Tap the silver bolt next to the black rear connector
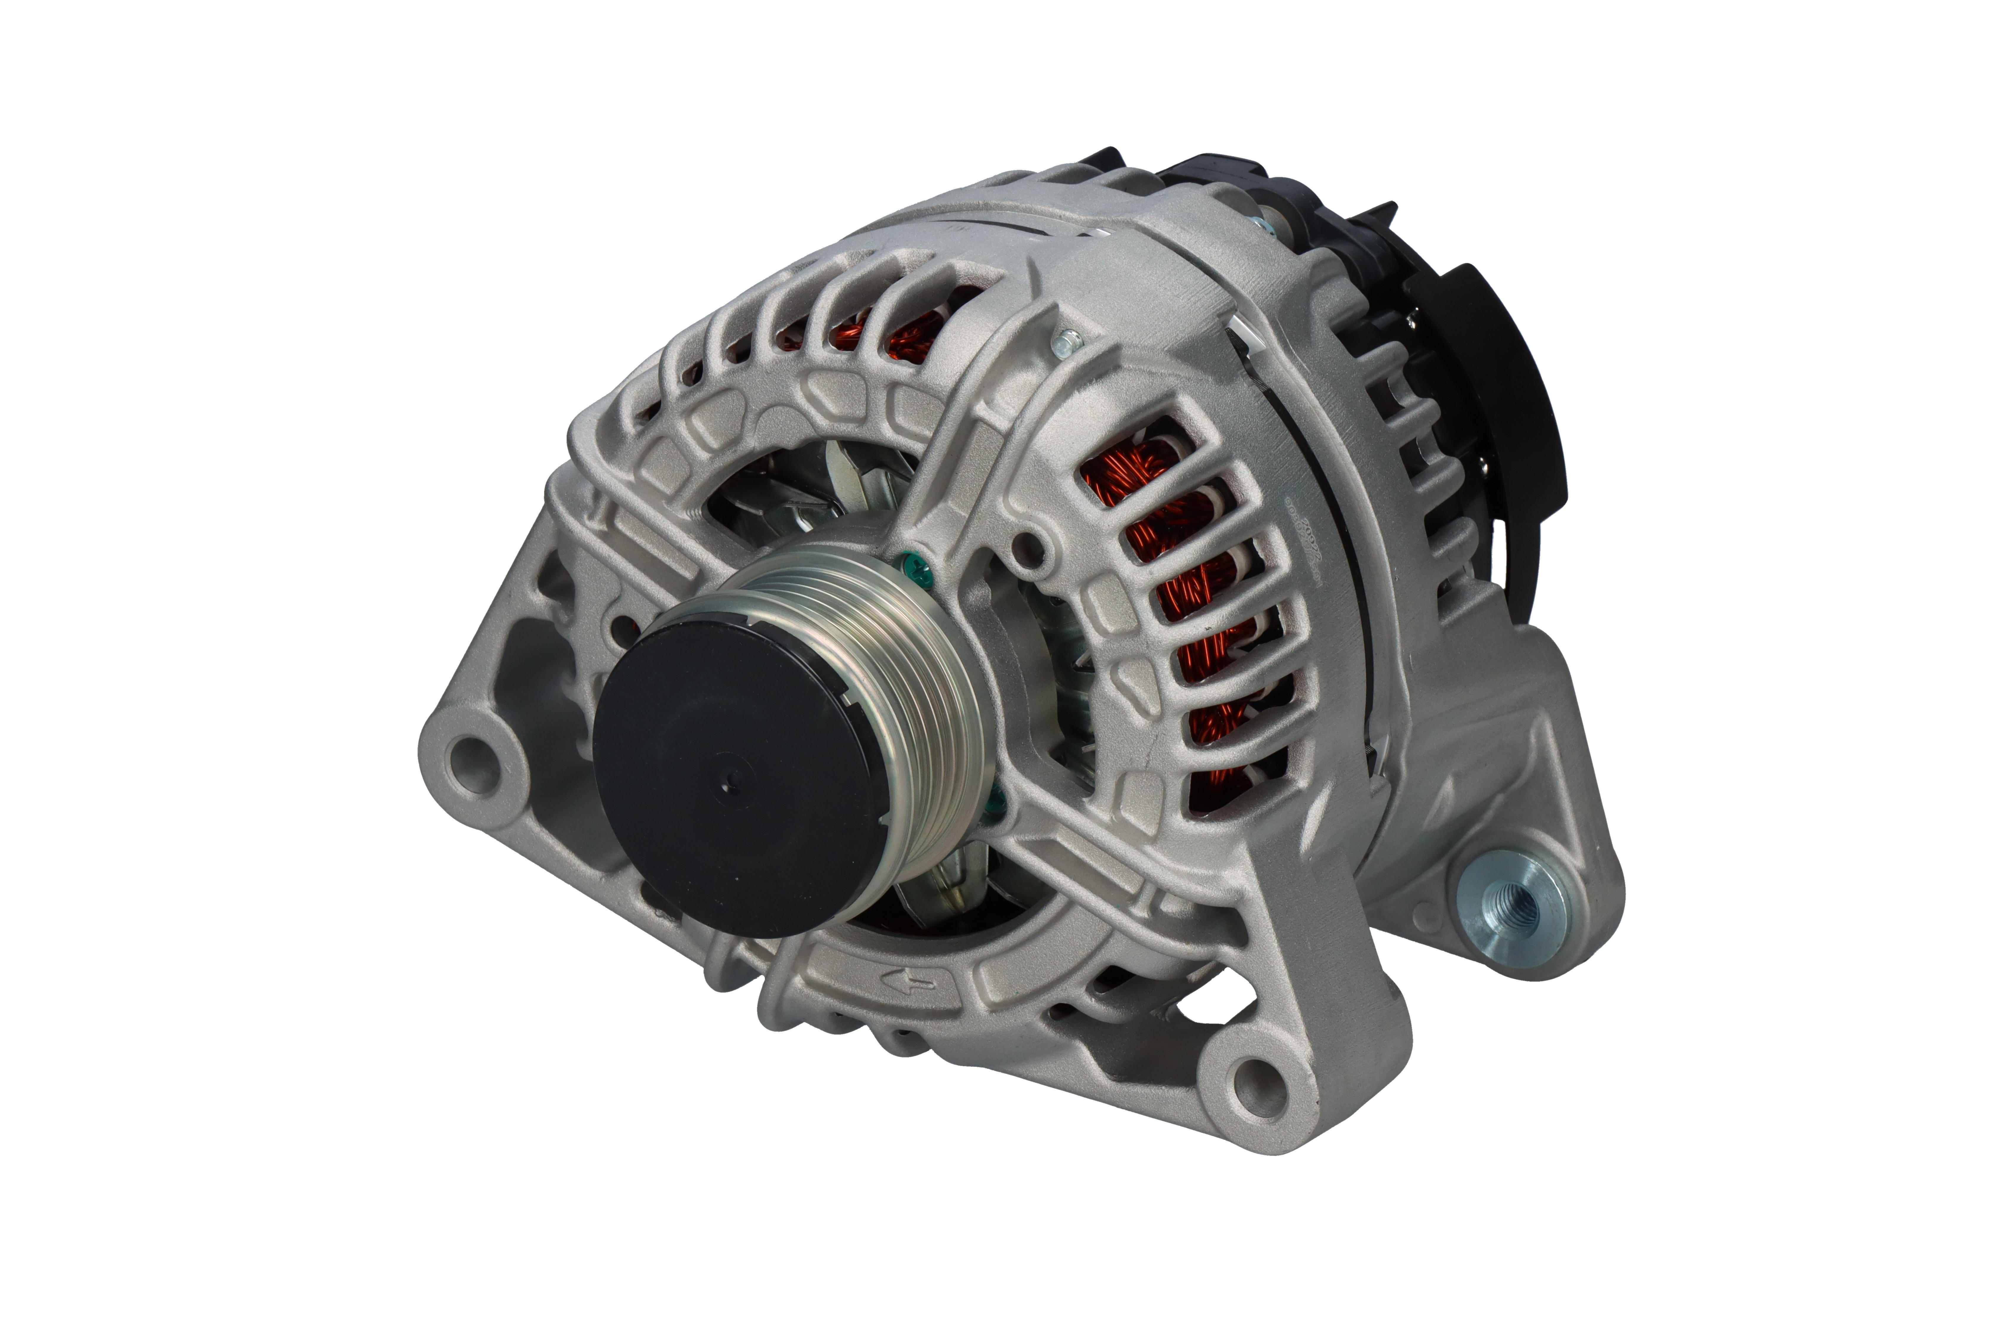1265,227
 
